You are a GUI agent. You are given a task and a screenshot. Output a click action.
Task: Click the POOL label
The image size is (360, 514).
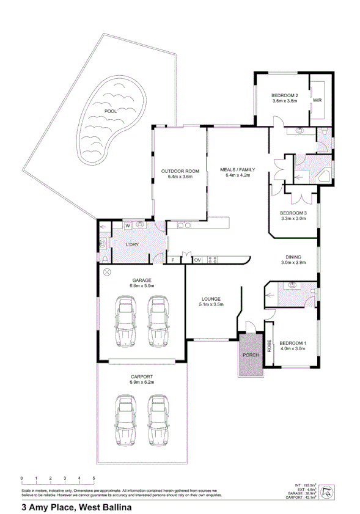(110, 111)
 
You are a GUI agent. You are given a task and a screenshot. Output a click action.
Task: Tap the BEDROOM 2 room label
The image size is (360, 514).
(284, 96)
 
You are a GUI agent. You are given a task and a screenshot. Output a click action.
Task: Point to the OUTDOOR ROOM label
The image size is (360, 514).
(176, 171)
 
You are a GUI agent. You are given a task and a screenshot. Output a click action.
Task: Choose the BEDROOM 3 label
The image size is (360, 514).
(293, 213)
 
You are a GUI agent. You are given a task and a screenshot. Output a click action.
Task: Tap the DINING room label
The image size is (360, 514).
(293, 257)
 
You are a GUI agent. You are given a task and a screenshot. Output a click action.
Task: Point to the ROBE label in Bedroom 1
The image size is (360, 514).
(268, 347)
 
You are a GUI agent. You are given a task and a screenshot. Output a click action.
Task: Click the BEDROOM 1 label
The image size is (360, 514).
(293, 343)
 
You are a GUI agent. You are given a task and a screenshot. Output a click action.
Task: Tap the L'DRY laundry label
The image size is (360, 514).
(133, 245)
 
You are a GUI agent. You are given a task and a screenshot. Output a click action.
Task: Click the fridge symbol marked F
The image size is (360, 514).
(173, 260)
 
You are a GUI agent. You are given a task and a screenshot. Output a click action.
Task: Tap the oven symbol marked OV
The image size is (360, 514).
(197, 260)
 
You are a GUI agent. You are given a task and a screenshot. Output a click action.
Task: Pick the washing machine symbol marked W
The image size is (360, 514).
(128, 226)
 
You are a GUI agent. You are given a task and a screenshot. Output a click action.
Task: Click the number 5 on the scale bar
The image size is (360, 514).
(94, 477)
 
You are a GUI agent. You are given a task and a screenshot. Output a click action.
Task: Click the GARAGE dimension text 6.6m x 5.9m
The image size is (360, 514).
(142, 285)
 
